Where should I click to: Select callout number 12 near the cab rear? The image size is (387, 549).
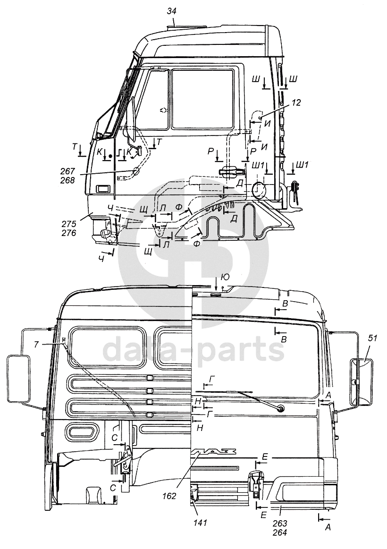[296, 102]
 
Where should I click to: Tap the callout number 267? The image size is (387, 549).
[68, 171]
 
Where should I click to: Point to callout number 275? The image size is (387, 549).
[69, 223]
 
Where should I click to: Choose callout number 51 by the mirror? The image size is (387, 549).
[373, 338]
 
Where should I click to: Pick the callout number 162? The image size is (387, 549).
[169, 496]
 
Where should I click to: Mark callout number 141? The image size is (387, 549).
[201, 523]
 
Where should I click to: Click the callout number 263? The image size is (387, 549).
[280, 523]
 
